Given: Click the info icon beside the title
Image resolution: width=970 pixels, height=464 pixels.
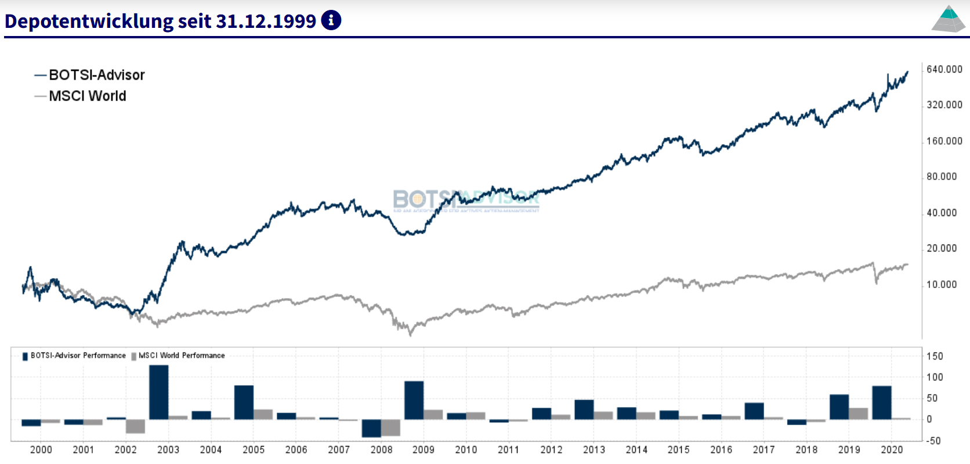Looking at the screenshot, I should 331,20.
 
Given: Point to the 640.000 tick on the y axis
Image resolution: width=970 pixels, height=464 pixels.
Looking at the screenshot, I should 944,69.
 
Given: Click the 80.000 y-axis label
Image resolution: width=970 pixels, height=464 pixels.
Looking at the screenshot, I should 942,177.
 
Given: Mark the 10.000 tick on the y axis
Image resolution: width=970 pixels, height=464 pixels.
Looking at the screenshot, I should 942,285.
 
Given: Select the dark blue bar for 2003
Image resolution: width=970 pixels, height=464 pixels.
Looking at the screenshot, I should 159,392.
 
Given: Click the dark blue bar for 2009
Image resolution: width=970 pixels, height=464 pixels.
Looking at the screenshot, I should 414,400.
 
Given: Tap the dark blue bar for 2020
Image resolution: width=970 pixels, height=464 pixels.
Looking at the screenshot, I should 882,402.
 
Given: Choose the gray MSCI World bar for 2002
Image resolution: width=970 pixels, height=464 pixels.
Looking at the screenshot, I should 135,426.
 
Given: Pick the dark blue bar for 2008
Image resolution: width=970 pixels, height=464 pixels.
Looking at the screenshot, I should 371,428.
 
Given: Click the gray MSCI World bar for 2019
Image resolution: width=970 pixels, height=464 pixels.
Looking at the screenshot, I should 859,413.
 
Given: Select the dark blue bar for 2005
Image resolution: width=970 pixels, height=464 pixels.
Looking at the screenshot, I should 244,402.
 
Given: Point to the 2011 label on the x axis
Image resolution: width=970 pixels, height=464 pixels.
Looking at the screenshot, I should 509,449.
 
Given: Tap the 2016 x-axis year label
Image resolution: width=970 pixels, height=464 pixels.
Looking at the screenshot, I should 721,449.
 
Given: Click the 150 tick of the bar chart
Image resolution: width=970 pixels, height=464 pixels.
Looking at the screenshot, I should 935,356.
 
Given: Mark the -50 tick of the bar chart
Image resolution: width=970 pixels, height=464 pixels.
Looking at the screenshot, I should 933,441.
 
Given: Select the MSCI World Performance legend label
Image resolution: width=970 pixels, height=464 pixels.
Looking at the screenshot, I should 181,355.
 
